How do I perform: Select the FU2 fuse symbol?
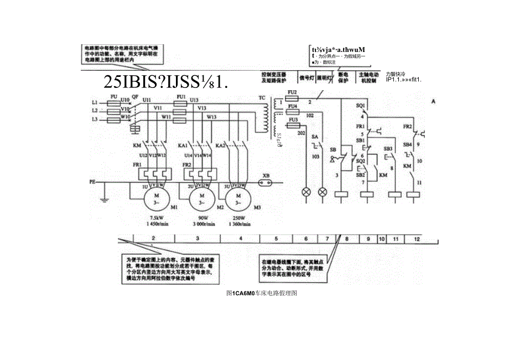(x=292, y=96)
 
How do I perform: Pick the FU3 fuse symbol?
(x=292, y=126)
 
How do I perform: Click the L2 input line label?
(x=95, y=111)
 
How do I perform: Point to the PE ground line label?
(x=92, y=181)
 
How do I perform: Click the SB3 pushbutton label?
(x=388, y=149)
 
